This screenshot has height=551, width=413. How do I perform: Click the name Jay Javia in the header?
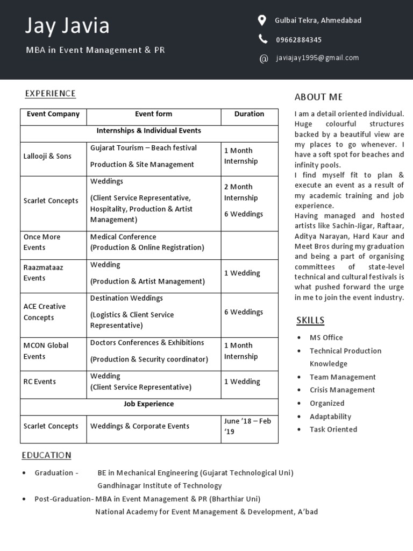point(68,26)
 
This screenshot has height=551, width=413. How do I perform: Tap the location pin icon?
point(262,20)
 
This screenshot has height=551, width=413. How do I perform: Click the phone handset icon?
point(262,39)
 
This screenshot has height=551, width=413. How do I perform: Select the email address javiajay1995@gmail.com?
point(317,58)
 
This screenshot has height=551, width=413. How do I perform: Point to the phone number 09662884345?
point(298,40)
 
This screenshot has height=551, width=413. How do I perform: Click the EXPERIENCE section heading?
point(50,94)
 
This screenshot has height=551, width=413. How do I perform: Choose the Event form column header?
point(153,114)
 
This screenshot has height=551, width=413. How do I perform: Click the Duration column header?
point(249,114)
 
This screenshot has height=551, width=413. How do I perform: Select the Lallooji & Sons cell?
point(47,157)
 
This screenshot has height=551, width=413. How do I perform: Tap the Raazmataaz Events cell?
point(42,273)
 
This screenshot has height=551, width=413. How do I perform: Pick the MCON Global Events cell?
point(46,351)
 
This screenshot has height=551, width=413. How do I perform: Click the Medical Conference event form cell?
point(147,242)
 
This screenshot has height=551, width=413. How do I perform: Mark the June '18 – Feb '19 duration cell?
point(247,426)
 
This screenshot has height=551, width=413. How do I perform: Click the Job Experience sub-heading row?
point(149,404)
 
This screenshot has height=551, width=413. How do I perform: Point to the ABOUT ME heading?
point(318,97)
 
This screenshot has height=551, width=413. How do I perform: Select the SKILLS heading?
point(310,321)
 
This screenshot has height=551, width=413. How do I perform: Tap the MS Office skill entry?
point(326,338)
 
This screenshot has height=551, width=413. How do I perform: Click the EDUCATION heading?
point(46,455)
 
